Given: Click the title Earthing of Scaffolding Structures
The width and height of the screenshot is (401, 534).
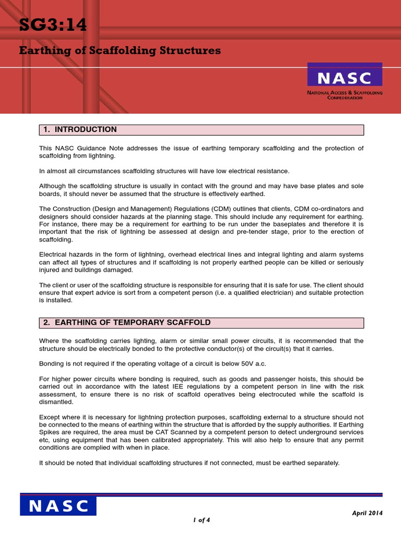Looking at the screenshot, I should point(120,51).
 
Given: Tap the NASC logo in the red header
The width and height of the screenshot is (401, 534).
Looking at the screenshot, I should point(345,77).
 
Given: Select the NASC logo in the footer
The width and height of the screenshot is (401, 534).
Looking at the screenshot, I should point(58,506).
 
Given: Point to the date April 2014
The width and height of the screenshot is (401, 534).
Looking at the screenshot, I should point(367,513).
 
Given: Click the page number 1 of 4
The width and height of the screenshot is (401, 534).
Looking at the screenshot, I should point(202,520).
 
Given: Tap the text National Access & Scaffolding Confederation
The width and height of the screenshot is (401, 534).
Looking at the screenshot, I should point(345,95).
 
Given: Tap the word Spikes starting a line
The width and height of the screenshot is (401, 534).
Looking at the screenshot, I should point(51,432).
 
